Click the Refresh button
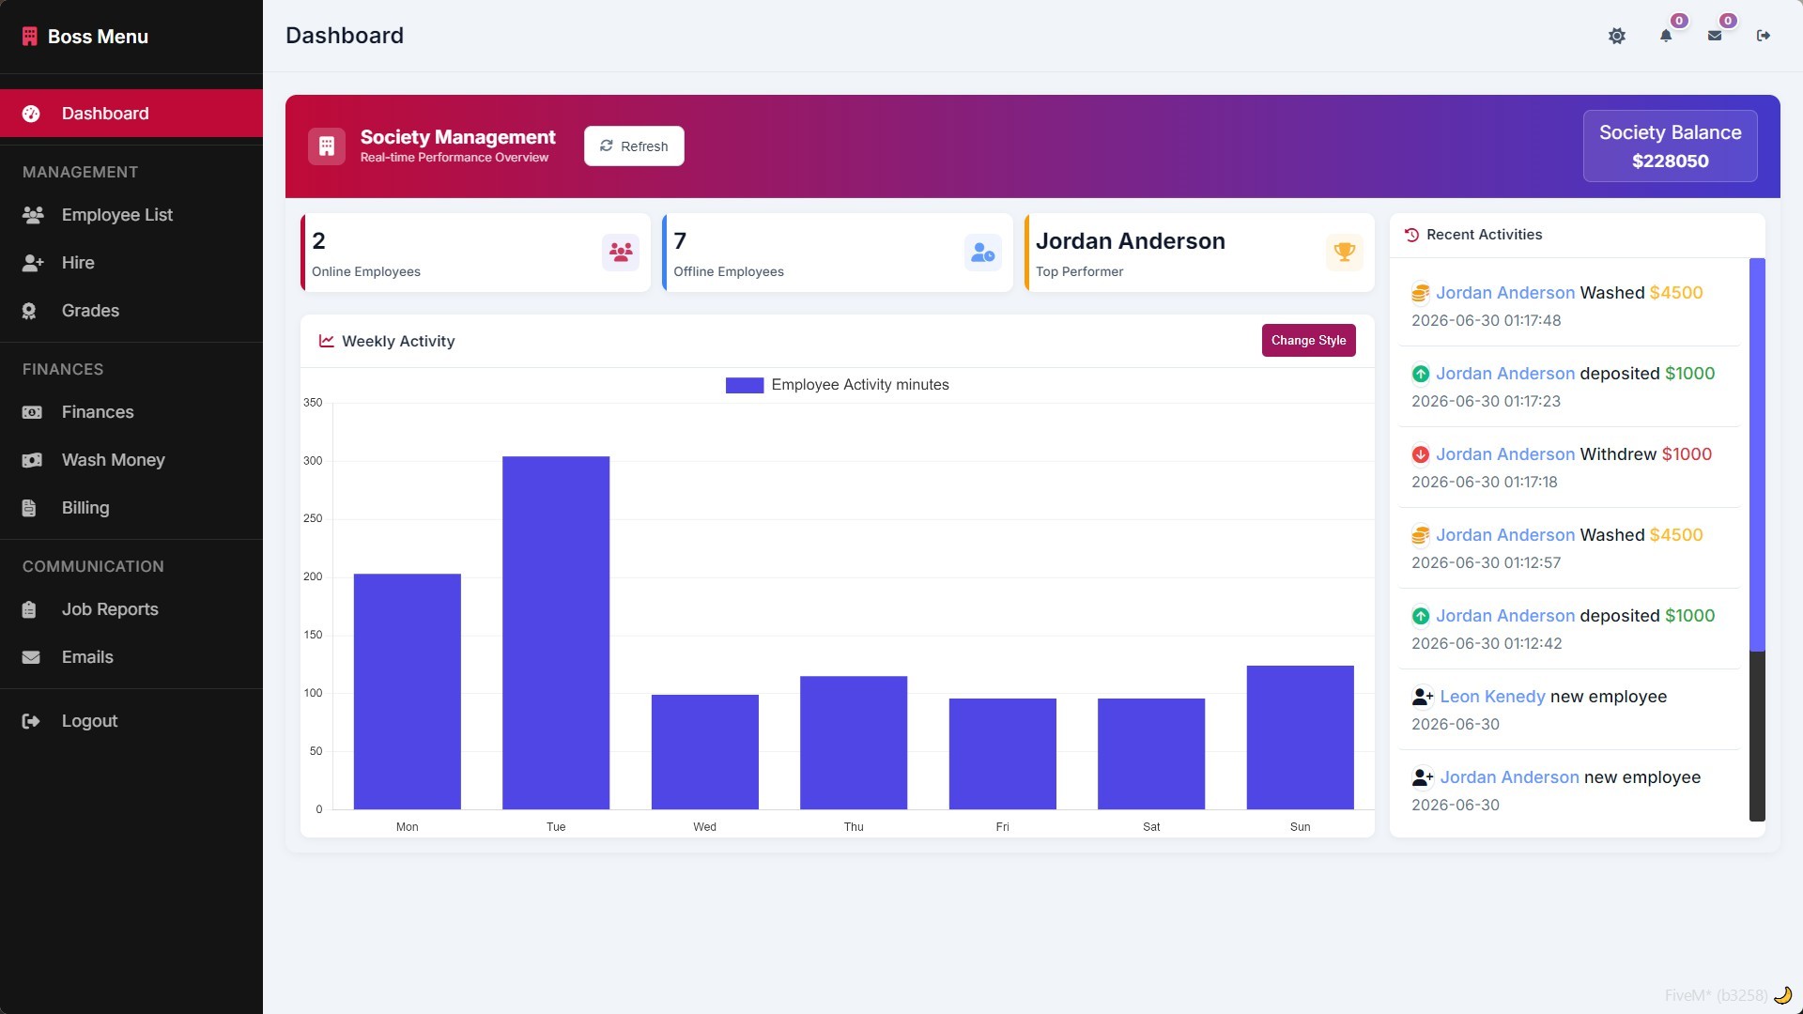point(634,146)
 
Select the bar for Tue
point(556,633)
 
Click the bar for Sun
point(1301,737)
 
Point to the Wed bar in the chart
point(705,752)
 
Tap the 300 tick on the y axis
point(313,461)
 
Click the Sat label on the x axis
point(1151,827)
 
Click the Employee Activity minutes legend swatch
point(745,385)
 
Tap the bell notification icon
point(1666,36)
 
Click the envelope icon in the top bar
point(1715,36)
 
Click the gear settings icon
point(1617,36)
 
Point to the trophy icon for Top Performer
point(1345,252)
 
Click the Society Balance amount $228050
point(1671,161)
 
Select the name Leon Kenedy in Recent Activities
point(1492,697)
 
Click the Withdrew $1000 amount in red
point(1687,454)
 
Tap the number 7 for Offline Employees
point(680,241)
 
